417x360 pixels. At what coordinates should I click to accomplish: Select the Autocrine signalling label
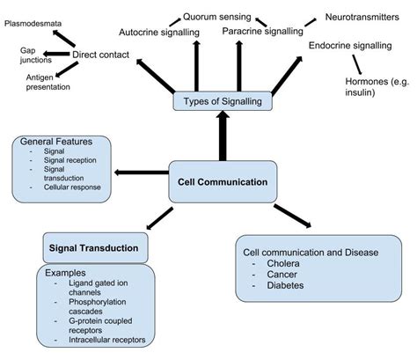(157, 33)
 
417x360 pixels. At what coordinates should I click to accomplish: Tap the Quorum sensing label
(216, 15)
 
